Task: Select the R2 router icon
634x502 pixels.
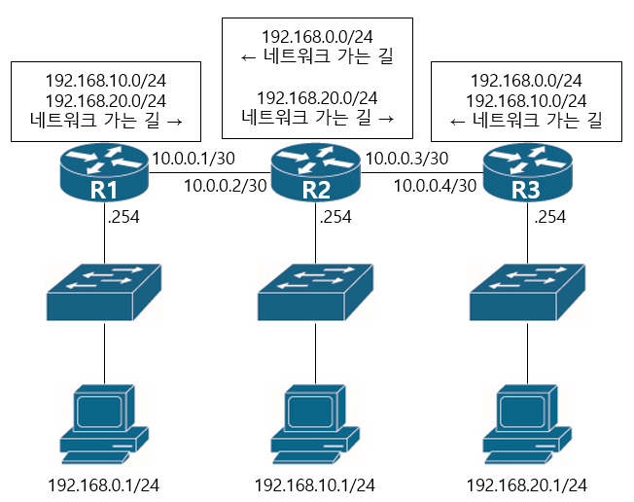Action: click(316, 172)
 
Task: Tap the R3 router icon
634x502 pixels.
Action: click(526, 172)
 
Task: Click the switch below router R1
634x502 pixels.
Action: click(105, 291)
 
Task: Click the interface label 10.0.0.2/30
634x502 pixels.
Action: click(225, 185)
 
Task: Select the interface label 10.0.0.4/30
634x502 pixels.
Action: click(437, 185)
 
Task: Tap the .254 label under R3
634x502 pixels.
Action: click(550, 217)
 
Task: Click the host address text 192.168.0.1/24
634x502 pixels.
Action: click(105, 484)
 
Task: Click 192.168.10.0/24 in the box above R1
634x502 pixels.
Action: click(106, 80)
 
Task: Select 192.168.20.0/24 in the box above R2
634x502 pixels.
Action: click(317, 97)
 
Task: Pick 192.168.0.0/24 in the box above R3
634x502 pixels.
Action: click(526, 80)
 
